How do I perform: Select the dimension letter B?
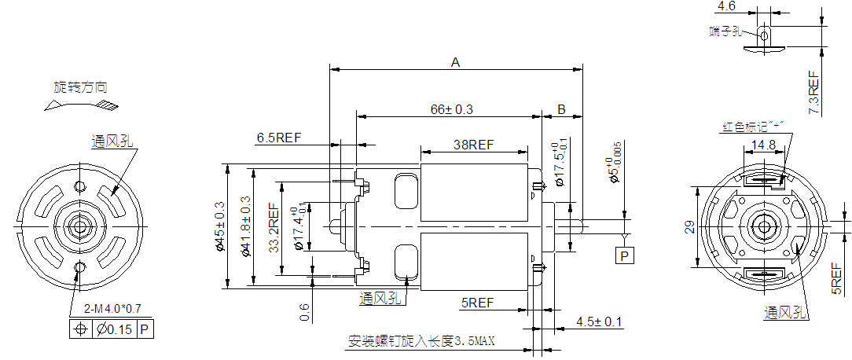tap(562, 108)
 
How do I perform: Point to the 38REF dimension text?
tap(474, 145)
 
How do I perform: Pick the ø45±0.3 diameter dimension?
tap(220, 227)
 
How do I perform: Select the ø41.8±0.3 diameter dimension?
tap(246, 227)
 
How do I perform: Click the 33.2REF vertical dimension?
tap(274, 229)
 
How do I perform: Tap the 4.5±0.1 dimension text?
tap(599, 321)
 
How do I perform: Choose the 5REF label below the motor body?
tap(477, 303)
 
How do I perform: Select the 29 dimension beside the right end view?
tap(689, 227)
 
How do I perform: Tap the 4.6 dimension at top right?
tap(726, 6)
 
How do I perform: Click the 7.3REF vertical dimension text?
tap(814, 92)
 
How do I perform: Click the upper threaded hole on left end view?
tap(79, 186)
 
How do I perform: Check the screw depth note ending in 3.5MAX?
tap(421, 342)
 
